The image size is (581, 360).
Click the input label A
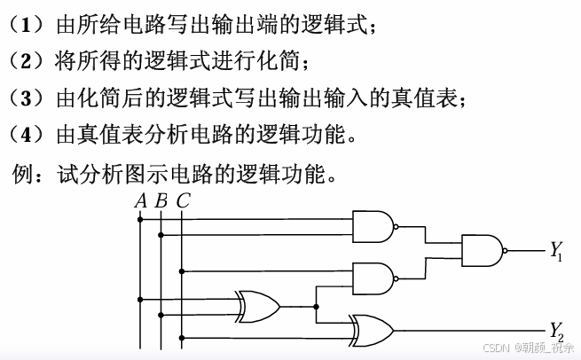coord(140,200)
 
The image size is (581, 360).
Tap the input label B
coord(161,200)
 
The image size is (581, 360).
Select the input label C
coord(182,200)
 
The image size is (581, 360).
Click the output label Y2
coord(556,333)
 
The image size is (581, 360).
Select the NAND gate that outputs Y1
coord(481,250)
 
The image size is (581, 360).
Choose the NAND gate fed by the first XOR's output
coord(373,278)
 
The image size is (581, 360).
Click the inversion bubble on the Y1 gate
coord(505,250)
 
